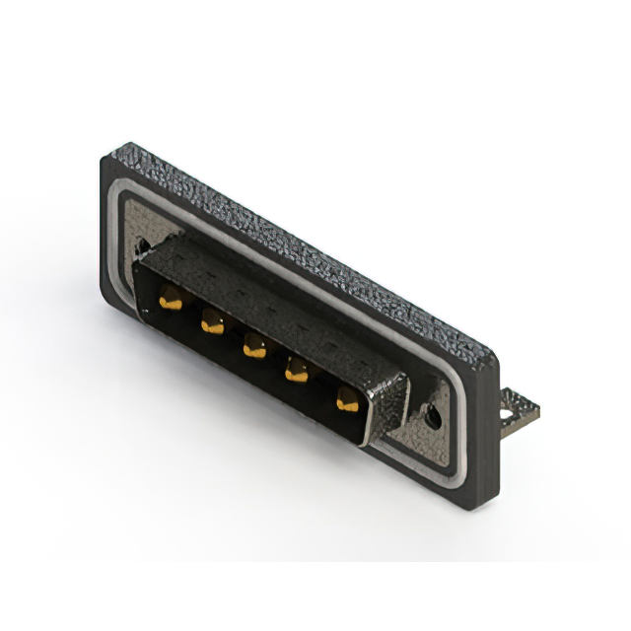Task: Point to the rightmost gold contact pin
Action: (346, 399)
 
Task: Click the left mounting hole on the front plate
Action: (143, 245)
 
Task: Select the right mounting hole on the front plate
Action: (431, 416)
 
